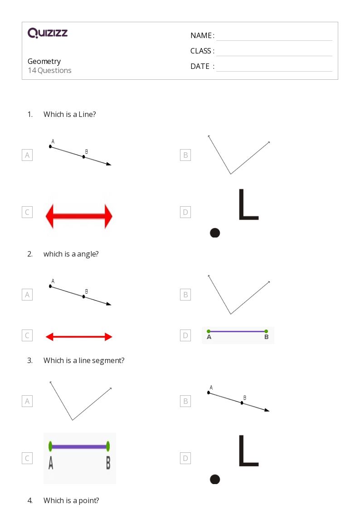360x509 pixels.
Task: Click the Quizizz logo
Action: click(48, 33)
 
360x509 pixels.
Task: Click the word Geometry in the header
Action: click(44, 61)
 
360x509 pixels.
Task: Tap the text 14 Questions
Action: click(50, 70)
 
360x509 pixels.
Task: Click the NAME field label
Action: click(202, 35)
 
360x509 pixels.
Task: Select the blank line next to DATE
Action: click(274, 71)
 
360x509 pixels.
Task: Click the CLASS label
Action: click(202, 51)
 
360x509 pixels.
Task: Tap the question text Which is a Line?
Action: click(70, 114)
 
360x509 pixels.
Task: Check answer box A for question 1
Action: click(27, 155)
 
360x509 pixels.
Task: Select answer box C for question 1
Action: click(27, 212)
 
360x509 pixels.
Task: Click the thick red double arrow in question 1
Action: click(79, 216)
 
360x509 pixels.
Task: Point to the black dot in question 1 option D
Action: click(215, 233)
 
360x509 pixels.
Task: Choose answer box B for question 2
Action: click(185, 295)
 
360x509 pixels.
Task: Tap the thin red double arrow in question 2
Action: click(79, 337)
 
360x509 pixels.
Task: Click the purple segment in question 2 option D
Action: click(237, 331)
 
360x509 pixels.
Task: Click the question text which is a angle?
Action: click(71, 254)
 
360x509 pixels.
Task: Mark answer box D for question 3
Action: click(185, 458)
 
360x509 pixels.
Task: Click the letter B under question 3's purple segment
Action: click(108, 463)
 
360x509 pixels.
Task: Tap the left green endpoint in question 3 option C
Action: click(50, 446)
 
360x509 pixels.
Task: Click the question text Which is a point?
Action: click(72, 500)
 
